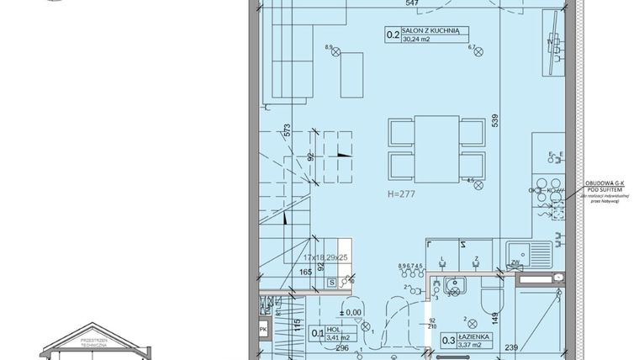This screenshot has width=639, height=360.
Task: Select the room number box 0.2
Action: (x=392, y=35)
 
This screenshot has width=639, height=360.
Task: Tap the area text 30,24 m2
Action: (x=420, y=39)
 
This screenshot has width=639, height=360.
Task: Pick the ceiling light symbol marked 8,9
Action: (x=337, y=54)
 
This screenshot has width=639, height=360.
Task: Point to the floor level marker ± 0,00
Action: (x=354, y=311)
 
